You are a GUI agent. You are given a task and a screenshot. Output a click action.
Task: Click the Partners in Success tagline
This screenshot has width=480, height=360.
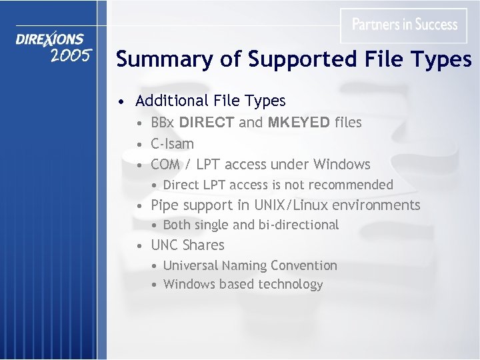[x=405, y=25]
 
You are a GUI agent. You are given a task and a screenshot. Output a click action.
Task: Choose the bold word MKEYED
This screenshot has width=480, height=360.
[x=299, y=123]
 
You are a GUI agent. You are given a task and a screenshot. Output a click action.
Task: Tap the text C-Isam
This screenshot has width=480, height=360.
[x=173, y=143]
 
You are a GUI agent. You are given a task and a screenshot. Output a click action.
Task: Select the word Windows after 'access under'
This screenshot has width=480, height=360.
[x=342, y=164]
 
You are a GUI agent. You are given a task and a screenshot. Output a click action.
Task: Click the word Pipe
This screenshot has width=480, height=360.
[x=164, y=205]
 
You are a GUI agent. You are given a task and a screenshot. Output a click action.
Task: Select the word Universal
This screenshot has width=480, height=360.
[x=191, y=265]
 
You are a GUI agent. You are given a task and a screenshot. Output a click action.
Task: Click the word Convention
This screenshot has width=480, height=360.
[x=304, y=265]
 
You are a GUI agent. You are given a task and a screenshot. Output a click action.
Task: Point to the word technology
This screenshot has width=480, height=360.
[x=290, y=285]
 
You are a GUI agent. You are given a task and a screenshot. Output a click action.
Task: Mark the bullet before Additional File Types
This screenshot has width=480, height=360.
[x=120, y=102]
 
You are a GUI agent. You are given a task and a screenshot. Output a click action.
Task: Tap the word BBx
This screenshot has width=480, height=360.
[x=163, y=123]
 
